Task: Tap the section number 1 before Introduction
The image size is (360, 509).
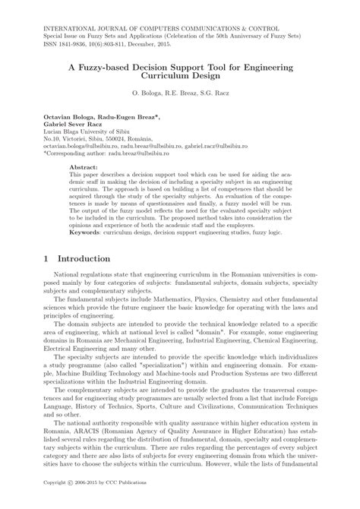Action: click(46, 259)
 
